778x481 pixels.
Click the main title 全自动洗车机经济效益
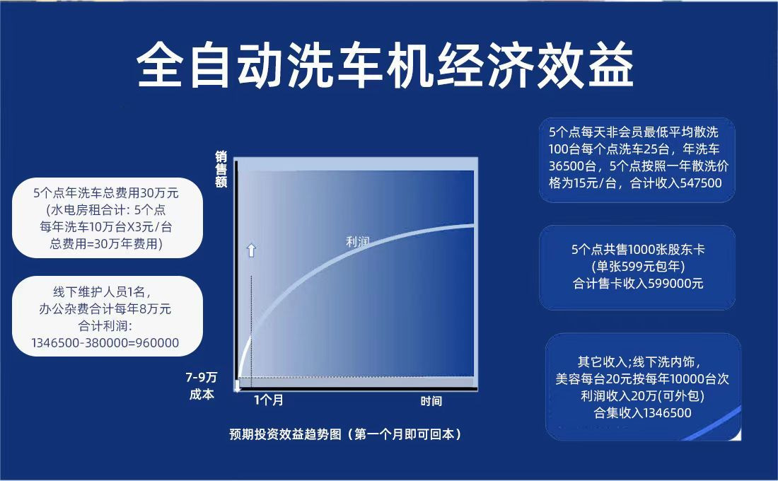point(385,65)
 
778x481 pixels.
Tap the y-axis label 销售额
point(221,169)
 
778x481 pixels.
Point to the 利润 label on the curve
point(358,242)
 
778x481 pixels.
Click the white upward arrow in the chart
point(252,250)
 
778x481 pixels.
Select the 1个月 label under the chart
point(269,400)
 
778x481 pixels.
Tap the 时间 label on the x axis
point(431,401)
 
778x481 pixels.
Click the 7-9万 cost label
point(202,377)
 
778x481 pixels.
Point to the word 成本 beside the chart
point(202,394)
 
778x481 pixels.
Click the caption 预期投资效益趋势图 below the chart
point(285,434)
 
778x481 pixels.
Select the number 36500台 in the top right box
point(572,166)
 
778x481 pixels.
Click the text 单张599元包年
point(637,267)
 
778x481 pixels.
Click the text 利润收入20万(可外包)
point(642,395)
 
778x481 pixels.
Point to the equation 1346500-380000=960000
point(105,342)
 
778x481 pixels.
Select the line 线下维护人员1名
point(103,292)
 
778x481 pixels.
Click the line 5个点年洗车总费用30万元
point(105,192)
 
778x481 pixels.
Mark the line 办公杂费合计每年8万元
point(105,308)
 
